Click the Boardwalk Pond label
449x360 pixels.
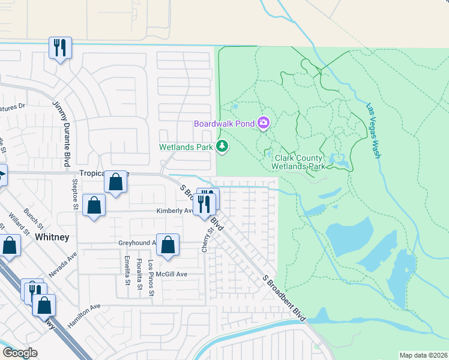pyautogui.click(x=224, y=124)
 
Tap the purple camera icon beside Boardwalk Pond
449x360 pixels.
pyautogui.click(x=264, y=124)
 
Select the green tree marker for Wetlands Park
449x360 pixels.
pyautogui.click(x=222, y=146)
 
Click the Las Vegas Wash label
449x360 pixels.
pyautogui.click(x=373, y=130)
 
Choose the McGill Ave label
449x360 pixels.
pyautogui.click(x=173, y=274)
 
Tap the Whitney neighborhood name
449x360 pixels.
pyautogui.click(x=52, y=237)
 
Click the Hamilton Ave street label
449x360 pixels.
pyautogui.click(x=82, y=315)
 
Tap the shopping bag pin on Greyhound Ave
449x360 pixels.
pyautogui.click(x=168, y=245)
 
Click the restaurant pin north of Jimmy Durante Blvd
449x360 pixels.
pyautogui.click(x=60, y=47)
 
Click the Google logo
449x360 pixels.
pyautogui.click(x=20, y=353)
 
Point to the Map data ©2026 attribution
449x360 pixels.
pyautogui.click(x=423, y=355)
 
